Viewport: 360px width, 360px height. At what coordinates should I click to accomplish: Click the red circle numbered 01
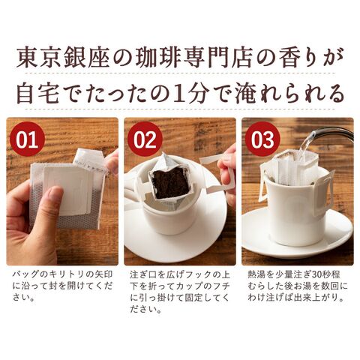coord(27,139)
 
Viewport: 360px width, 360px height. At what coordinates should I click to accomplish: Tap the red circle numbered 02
coord(145,139)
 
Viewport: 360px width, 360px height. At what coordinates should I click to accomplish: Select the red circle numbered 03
coord(262,139)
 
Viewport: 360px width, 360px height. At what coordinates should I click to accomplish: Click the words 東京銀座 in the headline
coord(63,57)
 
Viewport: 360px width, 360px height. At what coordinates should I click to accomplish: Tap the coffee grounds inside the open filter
coord(170,183)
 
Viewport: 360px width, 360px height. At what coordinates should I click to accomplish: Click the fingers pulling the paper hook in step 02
coord(227,170)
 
